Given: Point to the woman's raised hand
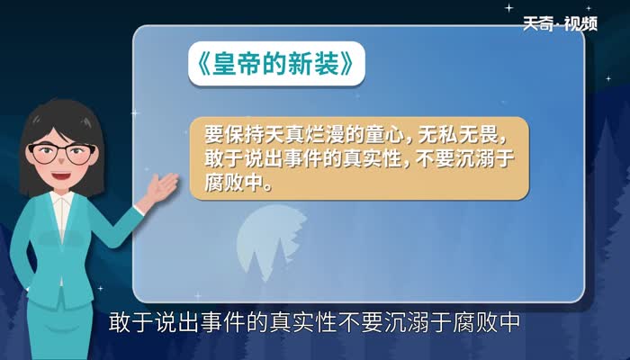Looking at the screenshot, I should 161,188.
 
